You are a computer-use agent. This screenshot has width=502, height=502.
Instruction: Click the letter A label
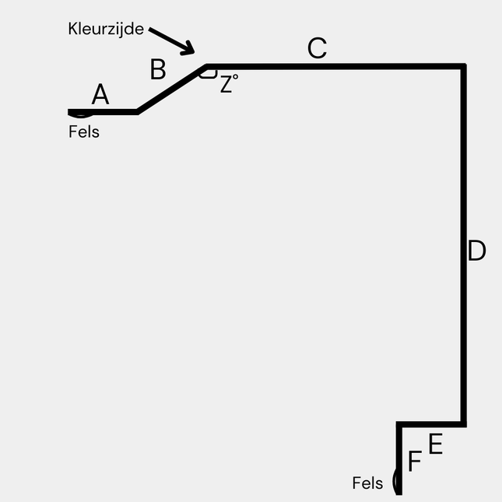click(x=100, y=95)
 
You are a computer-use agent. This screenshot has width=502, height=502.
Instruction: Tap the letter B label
click(x=158, y=69)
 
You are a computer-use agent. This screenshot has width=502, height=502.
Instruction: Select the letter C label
click(x=317, y=48)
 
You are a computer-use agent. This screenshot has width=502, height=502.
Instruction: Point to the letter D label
click(x=476, y=251)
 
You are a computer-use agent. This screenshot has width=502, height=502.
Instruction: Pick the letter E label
click(x=435, y=444)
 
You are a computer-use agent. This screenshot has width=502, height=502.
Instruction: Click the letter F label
click(x=414, y=462)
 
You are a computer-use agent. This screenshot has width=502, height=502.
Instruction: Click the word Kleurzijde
click(x=105, y=30)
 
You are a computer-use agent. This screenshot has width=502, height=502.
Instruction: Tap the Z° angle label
click(x=228, y=84)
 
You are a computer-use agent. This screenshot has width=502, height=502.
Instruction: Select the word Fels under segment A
click(x=84, y=132)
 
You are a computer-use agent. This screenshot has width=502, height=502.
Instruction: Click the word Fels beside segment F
click(x=367, y=483)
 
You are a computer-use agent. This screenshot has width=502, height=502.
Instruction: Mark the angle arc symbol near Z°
click(x=207, y=74)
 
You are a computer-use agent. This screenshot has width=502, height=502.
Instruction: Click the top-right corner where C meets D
click(x=464, y=67)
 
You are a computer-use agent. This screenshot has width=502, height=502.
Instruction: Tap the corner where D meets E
click(x=464, y=424)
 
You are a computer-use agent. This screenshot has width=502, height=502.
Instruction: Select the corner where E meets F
click(x=399, y=425)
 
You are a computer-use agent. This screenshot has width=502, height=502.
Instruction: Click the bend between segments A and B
click(x=138, y=112)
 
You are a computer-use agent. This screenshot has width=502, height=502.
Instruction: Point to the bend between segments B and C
click(x=205, y=67)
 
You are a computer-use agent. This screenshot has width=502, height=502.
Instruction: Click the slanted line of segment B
click(x=171, y=90)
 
